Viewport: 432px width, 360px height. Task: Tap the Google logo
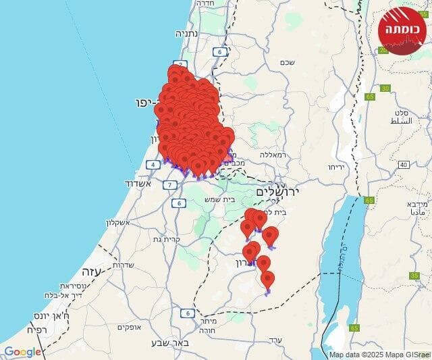point(22,351)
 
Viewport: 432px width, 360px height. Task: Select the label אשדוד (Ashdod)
point(139,183)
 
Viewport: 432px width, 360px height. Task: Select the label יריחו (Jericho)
point(335,167)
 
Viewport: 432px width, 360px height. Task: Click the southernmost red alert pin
point(268,279)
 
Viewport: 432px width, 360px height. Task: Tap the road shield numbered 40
point(403,165)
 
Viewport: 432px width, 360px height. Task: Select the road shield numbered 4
point(153,164)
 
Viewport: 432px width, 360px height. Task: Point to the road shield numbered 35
point(414,276)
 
